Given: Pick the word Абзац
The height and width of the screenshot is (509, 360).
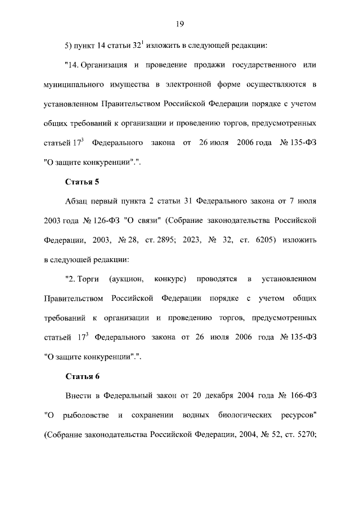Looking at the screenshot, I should tap(79, 201).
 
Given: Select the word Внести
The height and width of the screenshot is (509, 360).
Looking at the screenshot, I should tap(80, 396).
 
